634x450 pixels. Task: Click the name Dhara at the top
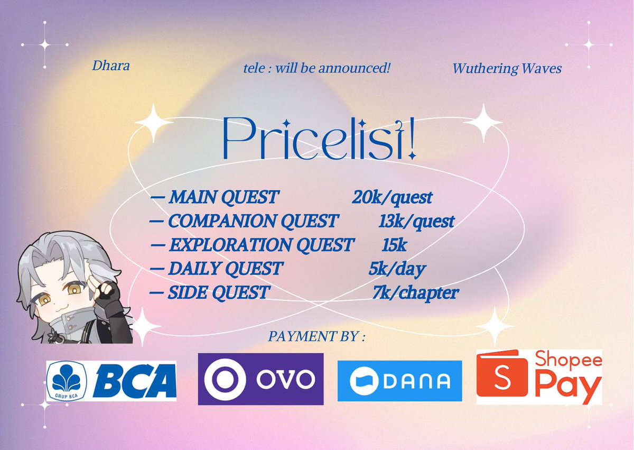click(110, 66)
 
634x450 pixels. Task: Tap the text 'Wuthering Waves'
click(507, 69)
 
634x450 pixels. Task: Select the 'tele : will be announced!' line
click(316, 68)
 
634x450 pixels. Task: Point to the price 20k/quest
click(392, 197)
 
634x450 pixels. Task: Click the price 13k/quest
click(416, 221)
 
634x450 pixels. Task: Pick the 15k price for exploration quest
click(394, 245)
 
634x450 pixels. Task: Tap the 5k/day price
click(397, 269)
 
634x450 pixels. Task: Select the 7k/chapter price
click(415, 292)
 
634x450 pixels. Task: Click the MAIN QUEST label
click(223, 197)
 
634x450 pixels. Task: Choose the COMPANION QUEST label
click(253, 221)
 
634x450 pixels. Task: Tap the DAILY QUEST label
click(225, 269)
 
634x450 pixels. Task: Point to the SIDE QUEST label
click(219, 292)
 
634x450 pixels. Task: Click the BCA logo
click(111, 381)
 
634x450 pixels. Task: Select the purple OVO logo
click(260, 379)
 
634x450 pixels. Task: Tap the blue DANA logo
click(399, 381)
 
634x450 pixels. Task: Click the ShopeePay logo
click(539, 377)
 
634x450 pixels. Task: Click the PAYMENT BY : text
click(316, 336)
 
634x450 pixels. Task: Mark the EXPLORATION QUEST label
click(261, 245)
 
